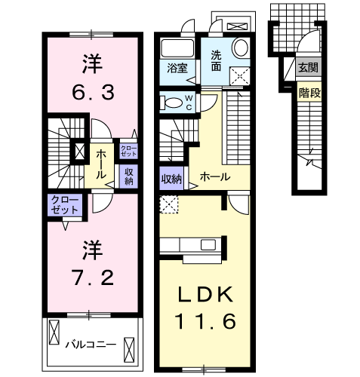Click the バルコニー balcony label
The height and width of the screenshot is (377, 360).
90,344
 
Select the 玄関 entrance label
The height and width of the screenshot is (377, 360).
308,68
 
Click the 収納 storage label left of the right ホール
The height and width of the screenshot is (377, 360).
171,179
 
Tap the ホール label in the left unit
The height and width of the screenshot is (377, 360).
100,158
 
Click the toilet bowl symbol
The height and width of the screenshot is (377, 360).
171,103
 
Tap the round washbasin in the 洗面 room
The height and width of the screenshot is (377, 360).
240,48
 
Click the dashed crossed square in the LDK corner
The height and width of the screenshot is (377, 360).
170,204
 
